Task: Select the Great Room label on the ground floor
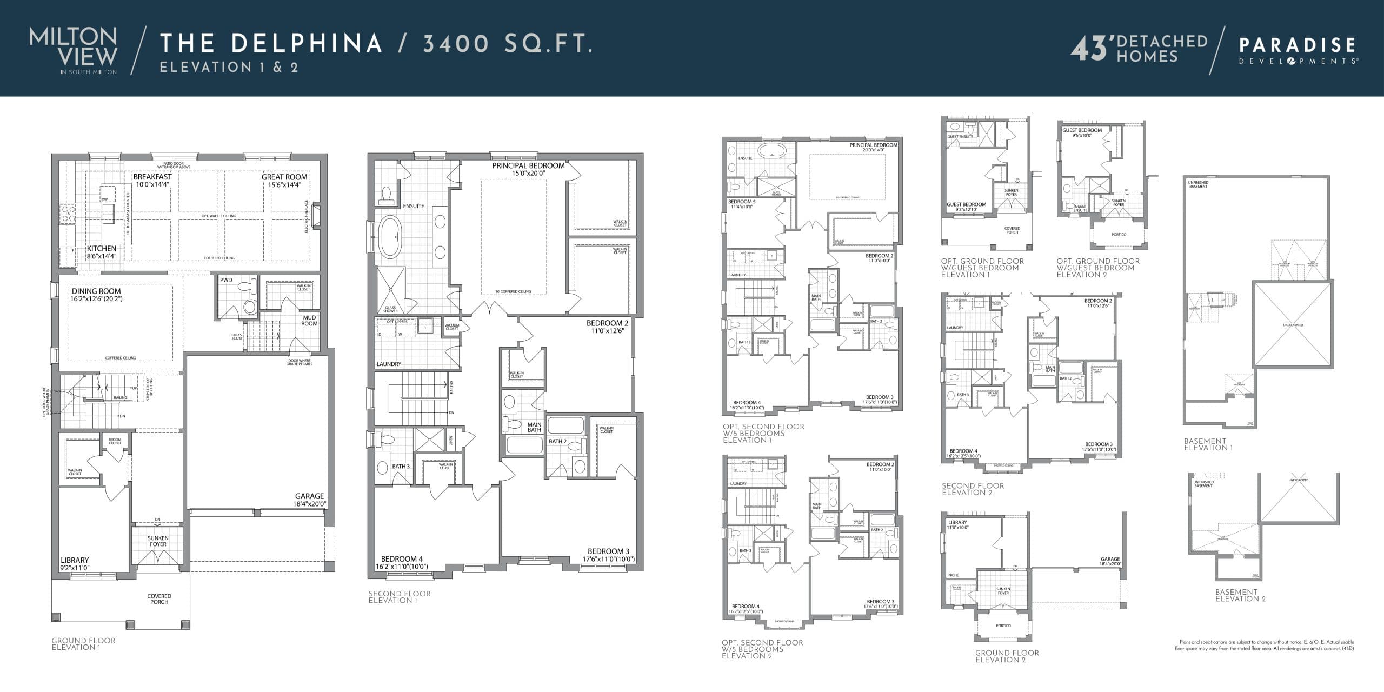284,177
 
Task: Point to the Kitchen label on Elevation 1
102,249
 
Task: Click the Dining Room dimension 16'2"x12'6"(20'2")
96,298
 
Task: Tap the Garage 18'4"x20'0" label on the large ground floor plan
310,500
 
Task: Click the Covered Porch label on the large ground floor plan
159,599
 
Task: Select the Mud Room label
309,321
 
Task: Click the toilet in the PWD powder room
250,307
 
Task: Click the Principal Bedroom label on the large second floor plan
528,165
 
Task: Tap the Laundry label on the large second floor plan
389,364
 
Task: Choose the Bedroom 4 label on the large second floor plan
402,559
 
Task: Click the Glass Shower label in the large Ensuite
390,309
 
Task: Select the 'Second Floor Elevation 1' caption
400,597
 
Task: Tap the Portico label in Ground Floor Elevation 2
1003,626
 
